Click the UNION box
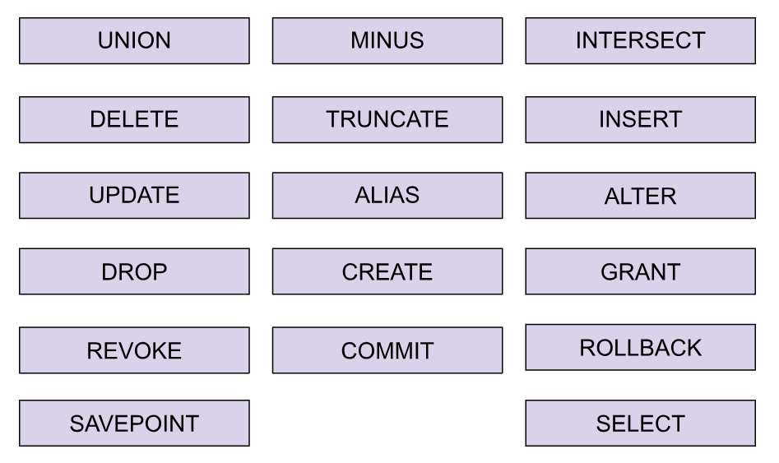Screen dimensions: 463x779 (x=134, y=41)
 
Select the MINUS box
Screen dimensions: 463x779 (x=387, y=41)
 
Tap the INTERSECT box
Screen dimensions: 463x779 (x=640, y=41)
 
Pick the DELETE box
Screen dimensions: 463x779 (x=134, y=120)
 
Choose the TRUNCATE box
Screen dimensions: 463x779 (x=387, y=120)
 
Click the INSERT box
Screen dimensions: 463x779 (x=640, y=120)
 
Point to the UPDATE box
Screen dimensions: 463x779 (x=134, y=196)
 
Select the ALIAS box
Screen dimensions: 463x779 (x=387, y=196)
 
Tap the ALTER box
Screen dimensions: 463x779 (x=640, y=196)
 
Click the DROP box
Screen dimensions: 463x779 (x=134, y=272)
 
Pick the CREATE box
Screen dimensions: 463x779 (x=387, y=272)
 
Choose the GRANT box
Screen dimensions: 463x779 (x=640, y=272)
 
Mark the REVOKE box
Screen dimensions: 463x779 (x=134, y=351)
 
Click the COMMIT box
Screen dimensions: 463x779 (x=387, y=351)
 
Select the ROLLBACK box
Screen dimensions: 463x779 (x=640, y=348)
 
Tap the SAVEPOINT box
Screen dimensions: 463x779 (x=134, y=424)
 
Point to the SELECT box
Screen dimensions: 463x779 (x=640, y=424)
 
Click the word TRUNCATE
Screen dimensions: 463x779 (x=387, y=120)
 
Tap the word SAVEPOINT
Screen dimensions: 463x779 (x=134, y=424)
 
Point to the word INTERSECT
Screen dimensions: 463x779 (x=640, y=41)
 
